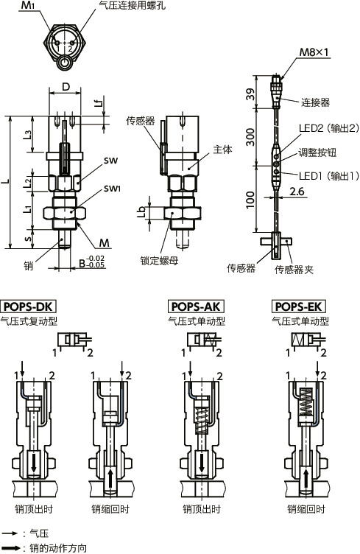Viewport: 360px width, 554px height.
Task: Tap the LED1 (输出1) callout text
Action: coord(328,176)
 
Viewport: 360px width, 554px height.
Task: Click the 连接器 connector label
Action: coord(315,102)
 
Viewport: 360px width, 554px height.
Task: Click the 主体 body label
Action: coord(222,149)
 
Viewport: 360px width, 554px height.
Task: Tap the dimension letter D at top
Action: coord(66,87)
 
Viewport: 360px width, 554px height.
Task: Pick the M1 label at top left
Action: coord(28,6)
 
